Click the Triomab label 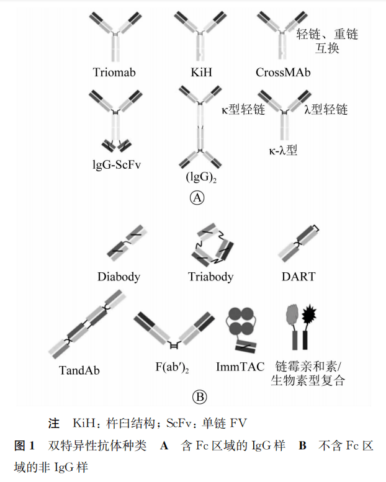pos(114,73)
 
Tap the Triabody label pos(211,277)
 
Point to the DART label pos(298,277)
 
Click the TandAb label pos(79,370)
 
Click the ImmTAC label pos(240,367)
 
